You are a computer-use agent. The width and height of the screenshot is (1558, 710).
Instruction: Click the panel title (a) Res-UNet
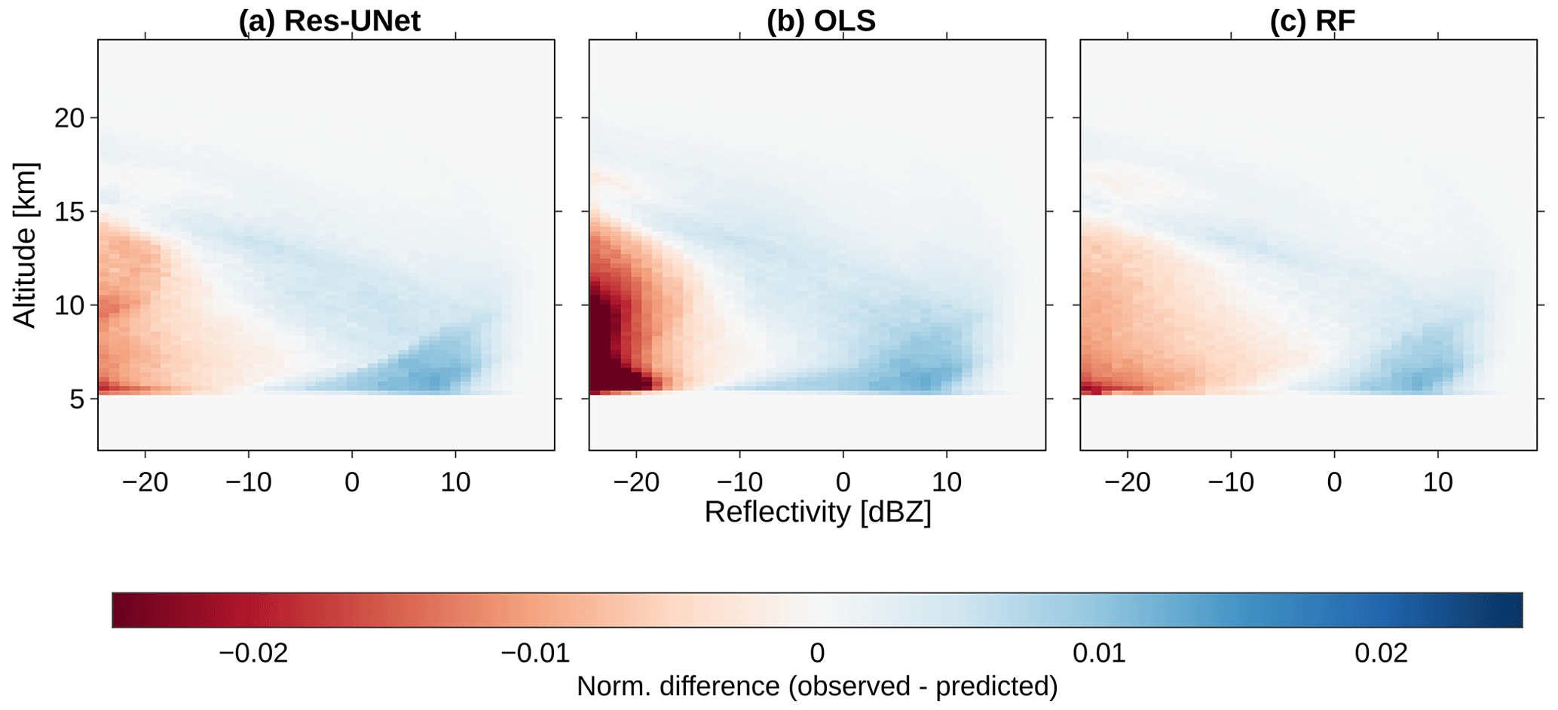(x=329, y=20)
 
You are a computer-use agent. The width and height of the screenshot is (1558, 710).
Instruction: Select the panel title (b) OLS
(x=821, y=20)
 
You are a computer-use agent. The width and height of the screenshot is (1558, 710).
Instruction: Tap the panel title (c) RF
(x=1312, y=20)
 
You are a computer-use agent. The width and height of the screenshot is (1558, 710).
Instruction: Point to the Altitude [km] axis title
(x=25, y=245)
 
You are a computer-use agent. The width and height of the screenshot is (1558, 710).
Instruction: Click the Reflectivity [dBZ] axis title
(x=818, y=513)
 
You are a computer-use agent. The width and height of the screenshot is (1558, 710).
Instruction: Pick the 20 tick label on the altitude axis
(x=69, y=118)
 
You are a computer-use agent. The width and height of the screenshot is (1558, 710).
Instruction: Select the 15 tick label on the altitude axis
(x=69, y=212)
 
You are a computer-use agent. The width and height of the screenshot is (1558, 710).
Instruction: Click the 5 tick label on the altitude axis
(x=78, y=399)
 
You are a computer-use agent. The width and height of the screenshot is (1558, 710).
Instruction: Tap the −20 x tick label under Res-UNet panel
(x=145, y=482)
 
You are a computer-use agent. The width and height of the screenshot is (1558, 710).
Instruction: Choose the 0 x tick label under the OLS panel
(x=843, y=482)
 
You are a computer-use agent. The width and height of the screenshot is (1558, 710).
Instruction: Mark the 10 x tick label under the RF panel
(x=1438, y=482)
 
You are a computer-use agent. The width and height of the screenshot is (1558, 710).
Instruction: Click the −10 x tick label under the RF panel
(x=1231, y=482)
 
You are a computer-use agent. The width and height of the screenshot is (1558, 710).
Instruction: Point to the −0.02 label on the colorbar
(x=253, y=653)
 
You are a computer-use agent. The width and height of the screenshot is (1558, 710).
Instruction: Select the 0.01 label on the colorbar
(x=1100, y=653)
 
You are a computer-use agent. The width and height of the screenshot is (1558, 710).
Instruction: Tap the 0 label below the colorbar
(x=817, y=653)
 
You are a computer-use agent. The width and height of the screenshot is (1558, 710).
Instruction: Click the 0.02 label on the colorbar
(x=1381, y=653)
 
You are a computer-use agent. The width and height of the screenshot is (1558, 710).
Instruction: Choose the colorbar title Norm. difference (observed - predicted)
(x=817, y=687)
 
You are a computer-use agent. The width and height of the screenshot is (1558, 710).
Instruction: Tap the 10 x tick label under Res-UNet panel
(x=455, y=482)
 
